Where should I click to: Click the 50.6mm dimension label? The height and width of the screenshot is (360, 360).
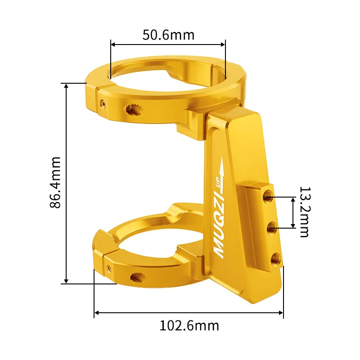pyautogui.click(x=168, y=35)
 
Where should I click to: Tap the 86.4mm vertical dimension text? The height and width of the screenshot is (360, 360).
pyautogui.click(x=55, y=182)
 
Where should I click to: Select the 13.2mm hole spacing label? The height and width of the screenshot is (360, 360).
pyautogui.click(x=304, y=212)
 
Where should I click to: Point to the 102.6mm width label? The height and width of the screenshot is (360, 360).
pyautogui.click(x=189, y=325)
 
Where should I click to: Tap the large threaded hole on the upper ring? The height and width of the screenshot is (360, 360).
pyautogui.click(x=133, y=108)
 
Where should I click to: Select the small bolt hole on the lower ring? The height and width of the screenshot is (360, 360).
pyautogui.click(x=109, y=268)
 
